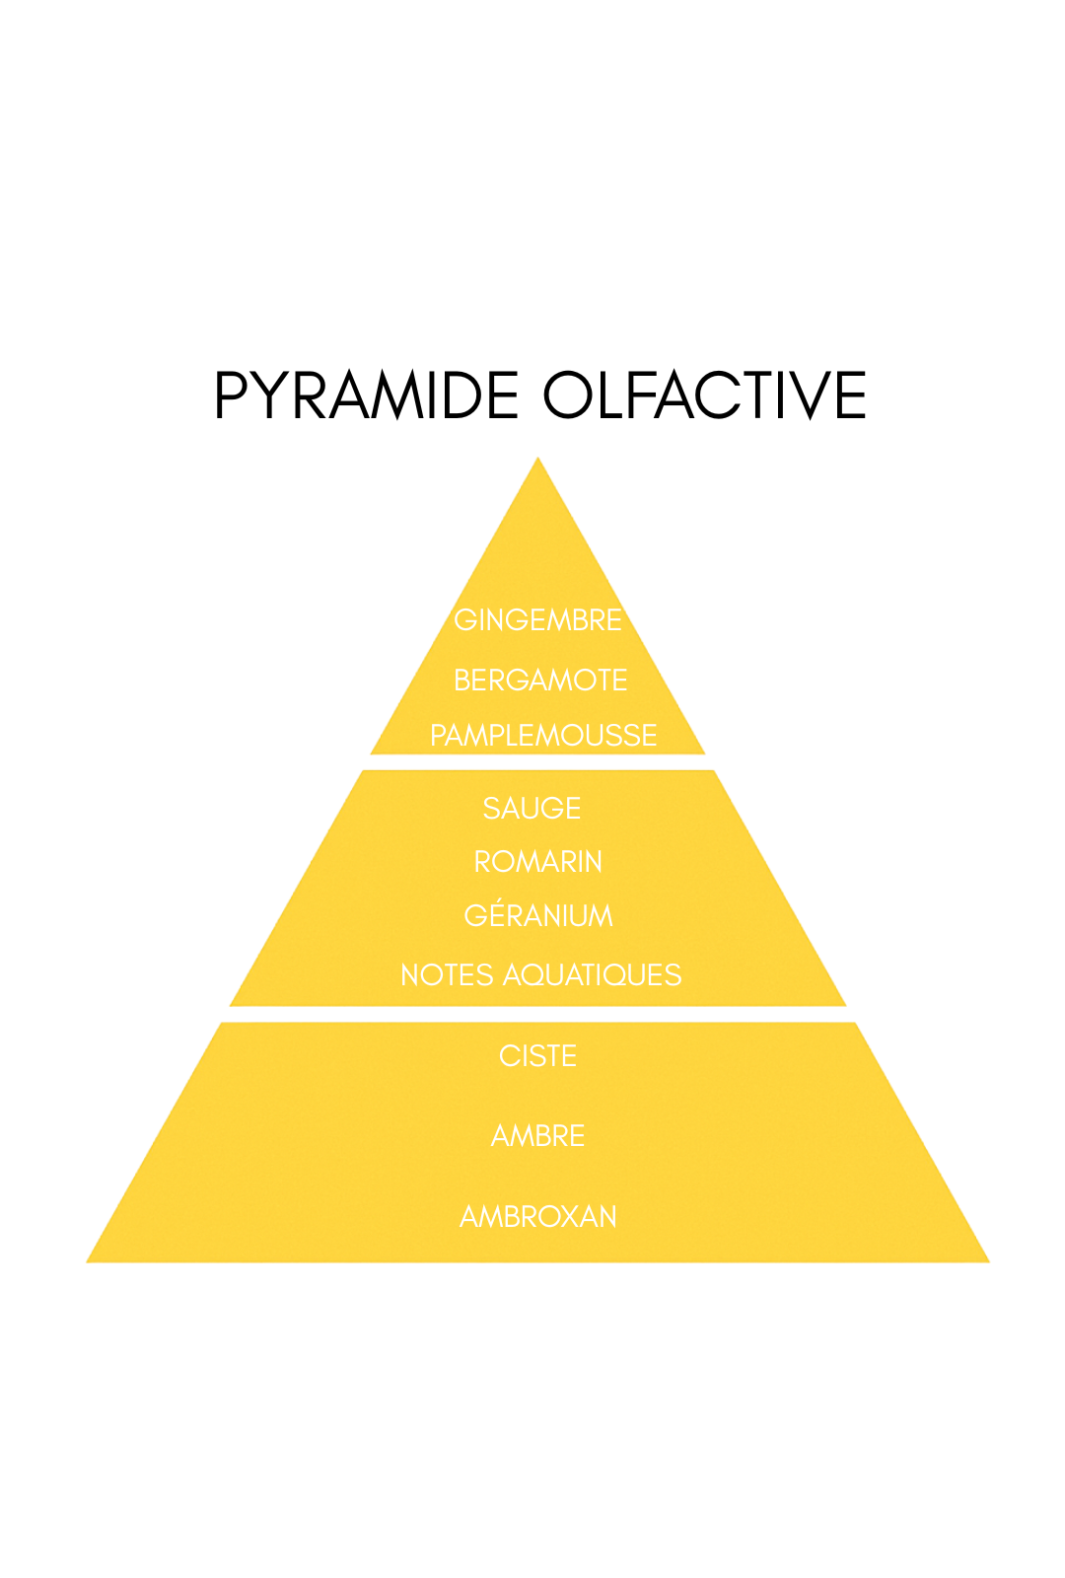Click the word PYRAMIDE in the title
366,395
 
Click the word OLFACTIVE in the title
704,395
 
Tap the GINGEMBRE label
537,620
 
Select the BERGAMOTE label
540,681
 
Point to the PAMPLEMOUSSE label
543,736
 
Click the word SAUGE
532,809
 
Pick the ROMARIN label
538,862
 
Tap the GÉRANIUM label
538,916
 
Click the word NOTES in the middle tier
447,975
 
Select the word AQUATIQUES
592,975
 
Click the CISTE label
537,1056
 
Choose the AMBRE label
537,1136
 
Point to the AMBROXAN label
537,1217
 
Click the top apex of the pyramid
537,461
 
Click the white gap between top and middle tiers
537,762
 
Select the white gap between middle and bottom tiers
537,1014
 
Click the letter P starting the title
230,395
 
